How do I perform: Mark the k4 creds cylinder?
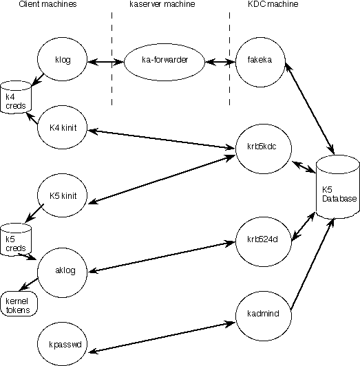click(16, 97)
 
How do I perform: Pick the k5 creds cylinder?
click(16, 239)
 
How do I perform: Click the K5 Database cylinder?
click(338, 187)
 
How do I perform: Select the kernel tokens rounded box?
click(19, 303)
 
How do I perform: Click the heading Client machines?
click(47, 4)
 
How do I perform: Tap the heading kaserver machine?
click(162, 4)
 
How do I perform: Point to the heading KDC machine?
click(273, 4)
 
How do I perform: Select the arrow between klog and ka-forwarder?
click(105, 62)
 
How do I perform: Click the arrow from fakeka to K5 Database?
click(310, 109)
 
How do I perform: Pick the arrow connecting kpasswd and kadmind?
click(162, 337)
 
